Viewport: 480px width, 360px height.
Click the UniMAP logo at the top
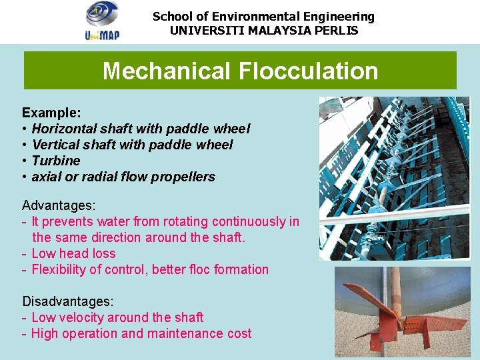coord(102,21)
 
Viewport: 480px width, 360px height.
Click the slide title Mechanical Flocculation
coord(240,71)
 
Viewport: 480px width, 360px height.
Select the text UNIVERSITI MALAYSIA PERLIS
coord(263,31)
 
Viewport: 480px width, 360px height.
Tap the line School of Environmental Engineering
coord(263,17)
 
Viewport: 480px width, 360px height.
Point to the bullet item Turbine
coord(56,161)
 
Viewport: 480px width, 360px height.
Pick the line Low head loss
coord(73,253)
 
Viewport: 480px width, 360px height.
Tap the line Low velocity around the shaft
coord(117,317)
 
